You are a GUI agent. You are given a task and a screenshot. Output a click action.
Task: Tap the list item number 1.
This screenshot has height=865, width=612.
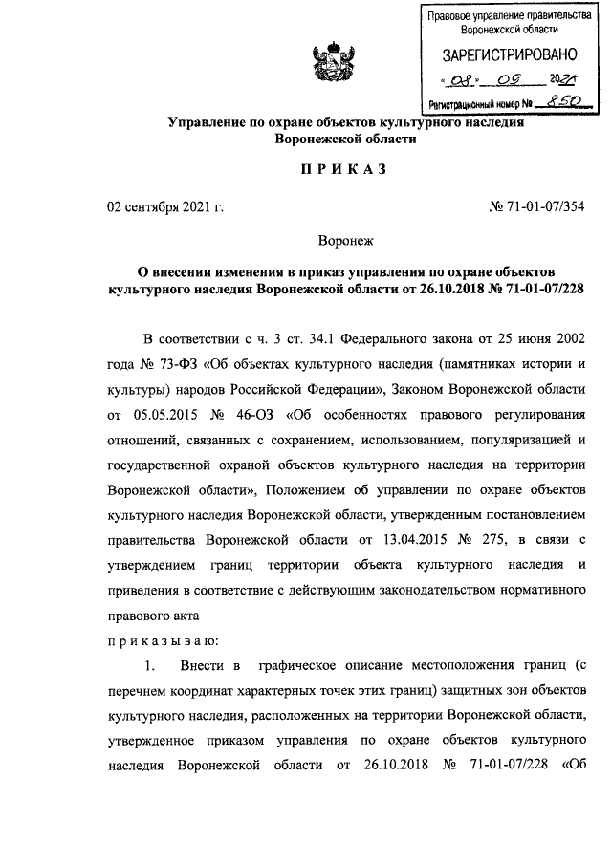(x=148, y=664)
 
